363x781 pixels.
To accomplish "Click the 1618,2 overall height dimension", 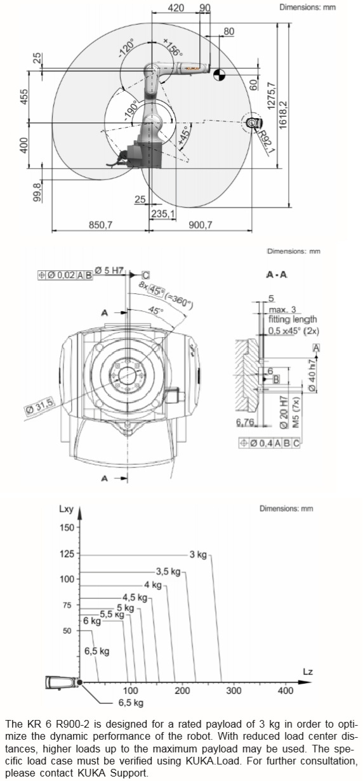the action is (282, 115).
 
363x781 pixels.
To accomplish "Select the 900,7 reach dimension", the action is (201, 225).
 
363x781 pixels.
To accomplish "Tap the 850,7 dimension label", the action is (100, 225).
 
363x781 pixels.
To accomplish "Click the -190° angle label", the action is (131, 110).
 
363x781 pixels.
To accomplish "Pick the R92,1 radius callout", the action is (265, 142).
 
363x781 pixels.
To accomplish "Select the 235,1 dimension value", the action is (163, 213).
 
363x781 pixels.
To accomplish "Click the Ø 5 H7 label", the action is (109, 270).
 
